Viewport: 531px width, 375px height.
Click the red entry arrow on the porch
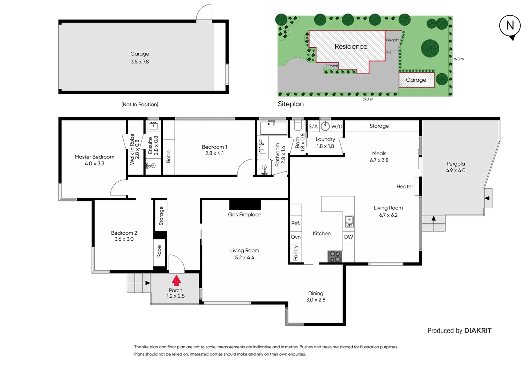click(176, 280)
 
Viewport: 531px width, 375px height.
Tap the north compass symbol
click(510, 26)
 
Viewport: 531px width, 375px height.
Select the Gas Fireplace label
click(244, 215)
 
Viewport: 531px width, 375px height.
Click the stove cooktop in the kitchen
click(335, 257)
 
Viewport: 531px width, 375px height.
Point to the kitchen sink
click(349, 221)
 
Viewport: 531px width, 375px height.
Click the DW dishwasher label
click(349, 237)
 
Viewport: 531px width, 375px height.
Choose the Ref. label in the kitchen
click(295, 223)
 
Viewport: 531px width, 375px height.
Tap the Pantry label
click(296, 252)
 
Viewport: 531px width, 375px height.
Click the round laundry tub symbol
click(325, 126)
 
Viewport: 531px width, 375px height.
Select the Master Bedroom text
click(94, 157)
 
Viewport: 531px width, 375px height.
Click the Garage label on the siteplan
click(416, 80)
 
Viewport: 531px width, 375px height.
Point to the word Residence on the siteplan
click(351, 47)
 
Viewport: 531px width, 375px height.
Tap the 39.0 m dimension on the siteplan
click(367, 99)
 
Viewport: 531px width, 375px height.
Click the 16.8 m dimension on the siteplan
click(458, 59)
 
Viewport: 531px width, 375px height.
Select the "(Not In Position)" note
click(140, 104)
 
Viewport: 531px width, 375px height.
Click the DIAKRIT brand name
click(478, 331)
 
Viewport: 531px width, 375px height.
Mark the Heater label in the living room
click(405, 186)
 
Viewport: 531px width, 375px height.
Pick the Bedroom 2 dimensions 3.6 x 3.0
click(124, 239)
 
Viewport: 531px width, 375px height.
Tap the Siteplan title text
click(291, 104)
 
